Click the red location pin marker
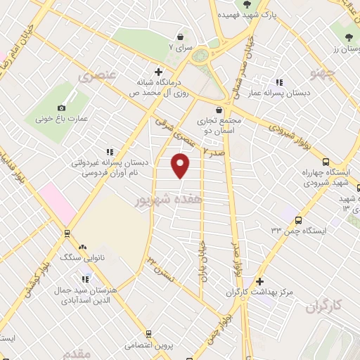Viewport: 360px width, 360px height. tap(181, 165)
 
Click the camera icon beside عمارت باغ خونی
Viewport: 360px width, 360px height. tap(62, 108)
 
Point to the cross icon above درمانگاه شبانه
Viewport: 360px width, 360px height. tap(158, 72)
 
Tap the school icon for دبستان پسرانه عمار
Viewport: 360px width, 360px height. tap(280, 82)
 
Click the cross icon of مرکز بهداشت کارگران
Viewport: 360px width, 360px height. tap(260, 281)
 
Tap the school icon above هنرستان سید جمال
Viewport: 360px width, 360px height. tap(86, 279)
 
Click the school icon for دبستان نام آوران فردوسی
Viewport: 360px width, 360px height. tap(109, 152)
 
